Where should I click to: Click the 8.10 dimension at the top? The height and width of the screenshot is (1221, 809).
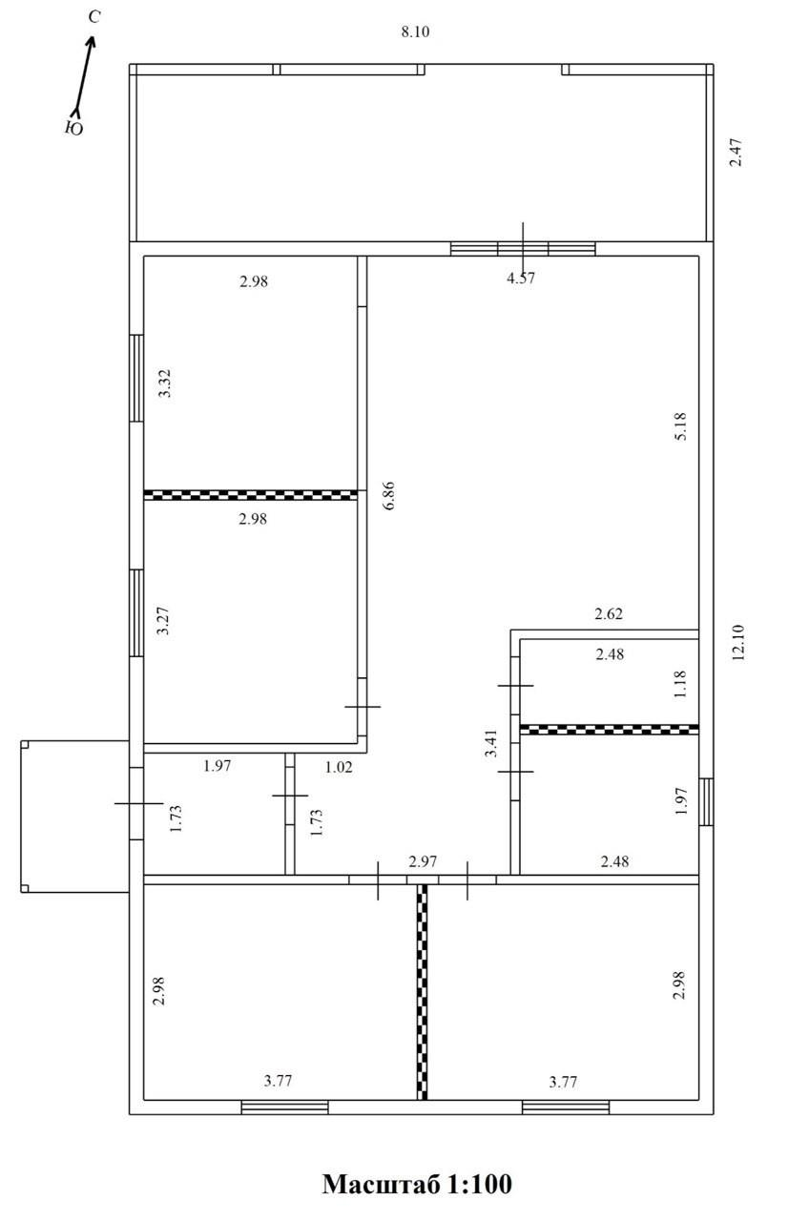(x=415, y=32)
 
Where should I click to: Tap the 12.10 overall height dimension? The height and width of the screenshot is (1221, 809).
(x=738, y=642)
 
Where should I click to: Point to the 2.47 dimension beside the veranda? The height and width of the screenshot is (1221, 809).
(x=736, y=153)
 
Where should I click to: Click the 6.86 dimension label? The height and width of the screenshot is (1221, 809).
(x=388, y=495)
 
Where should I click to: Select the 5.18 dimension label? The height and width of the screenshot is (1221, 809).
(x=680, y=426)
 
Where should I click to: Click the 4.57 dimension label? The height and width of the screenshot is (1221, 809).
(x=521, y=279)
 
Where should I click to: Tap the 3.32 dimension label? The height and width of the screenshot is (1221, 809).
(x=165, y=383)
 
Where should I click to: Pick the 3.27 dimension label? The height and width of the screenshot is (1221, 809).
(x=163, y=621)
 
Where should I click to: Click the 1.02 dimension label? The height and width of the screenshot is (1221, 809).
(x=339, y=768)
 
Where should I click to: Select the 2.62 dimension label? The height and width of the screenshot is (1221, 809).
(x=609, y=614)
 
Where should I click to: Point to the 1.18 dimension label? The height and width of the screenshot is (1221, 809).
(x=680, y=684)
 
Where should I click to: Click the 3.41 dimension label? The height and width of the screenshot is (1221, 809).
(x=491, y=743)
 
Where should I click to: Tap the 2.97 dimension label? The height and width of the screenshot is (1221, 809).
(x=423, y=861)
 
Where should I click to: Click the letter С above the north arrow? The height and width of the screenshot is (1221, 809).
(x=94, y=17)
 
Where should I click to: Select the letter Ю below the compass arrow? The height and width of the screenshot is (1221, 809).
(x=74, y=128)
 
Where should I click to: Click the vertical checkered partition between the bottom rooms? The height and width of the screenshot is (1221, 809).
(x=422, y=992)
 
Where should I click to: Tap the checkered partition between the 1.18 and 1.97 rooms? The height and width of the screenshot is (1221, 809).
(x=609, y=730)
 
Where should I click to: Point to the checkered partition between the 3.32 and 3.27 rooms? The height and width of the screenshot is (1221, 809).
(x=251, y=495)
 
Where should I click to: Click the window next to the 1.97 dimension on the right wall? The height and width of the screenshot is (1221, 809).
(x=706, y=801)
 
